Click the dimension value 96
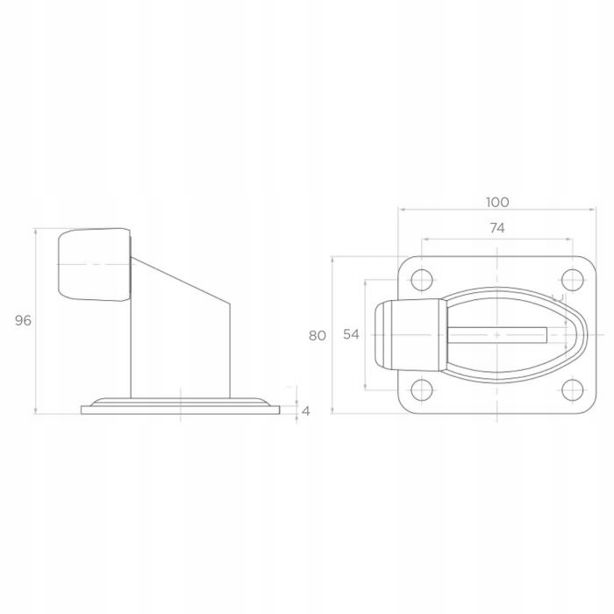click(23, 321)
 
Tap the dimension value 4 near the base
click(306, 411)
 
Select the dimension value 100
click(497, 203)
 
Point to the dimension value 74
click(497, 228)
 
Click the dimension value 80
click(318, 336)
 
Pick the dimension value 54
click(351, 334)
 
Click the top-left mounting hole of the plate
click(422, 280)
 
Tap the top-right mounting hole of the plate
click(573, 280)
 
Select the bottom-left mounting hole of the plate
click(422, 390)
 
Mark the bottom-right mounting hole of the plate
click(573, 390)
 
